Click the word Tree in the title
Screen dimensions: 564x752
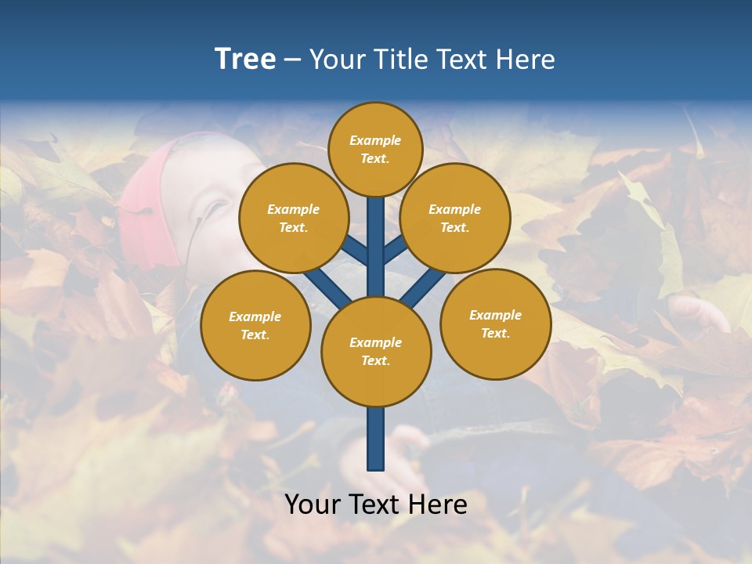(245, 60)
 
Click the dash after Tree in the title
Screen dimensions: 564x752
(293, 60)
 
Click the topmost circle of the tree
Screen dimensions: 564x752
(375, 149)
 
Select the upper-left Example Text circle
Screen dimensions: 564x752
(293, 218)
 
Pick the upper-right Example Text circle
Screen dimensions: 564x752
(454, 218)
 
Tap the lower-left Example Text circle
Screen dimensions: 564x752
(255, 325)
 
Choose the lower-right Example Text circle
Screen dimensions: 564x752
(495, 324)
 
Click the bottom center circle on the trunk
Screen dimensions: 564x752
(376, 351)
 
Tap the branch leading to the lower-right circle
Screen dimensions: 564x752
(423, 287)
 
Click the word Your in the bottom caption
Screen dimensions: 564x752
(311, 504)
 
